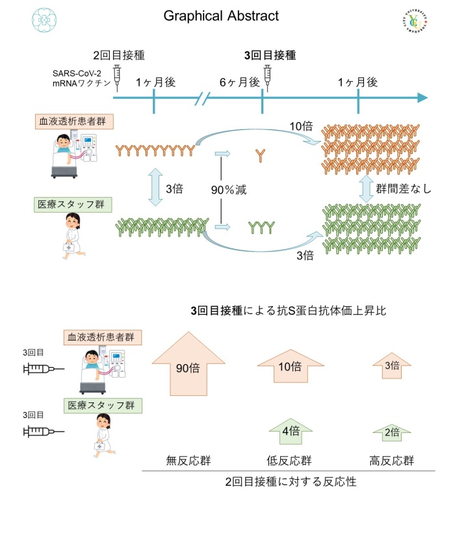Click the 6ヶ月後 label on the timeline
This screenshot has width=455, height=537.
(x=240, y=83)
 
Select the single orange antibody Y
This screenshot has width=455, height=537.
(x=260, y=155)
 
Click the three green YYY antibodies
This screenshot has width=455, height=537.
(x=261, y=228)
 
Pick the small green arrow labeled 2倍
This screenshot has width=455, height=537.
(x=391, y=432)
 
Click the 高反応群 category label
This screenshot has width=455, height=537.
(x=392, y=461)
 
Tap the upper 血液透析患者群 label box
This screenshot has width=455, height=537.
(x=67, y=122)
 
